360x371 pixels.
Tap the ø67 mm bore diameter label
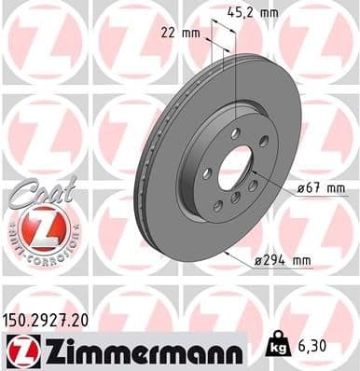(x=322, y=188)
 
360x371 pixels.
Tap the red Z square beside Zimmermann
(x=21, y=349)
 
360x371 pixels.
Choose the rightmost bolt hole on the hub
(x=264, y=142)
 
